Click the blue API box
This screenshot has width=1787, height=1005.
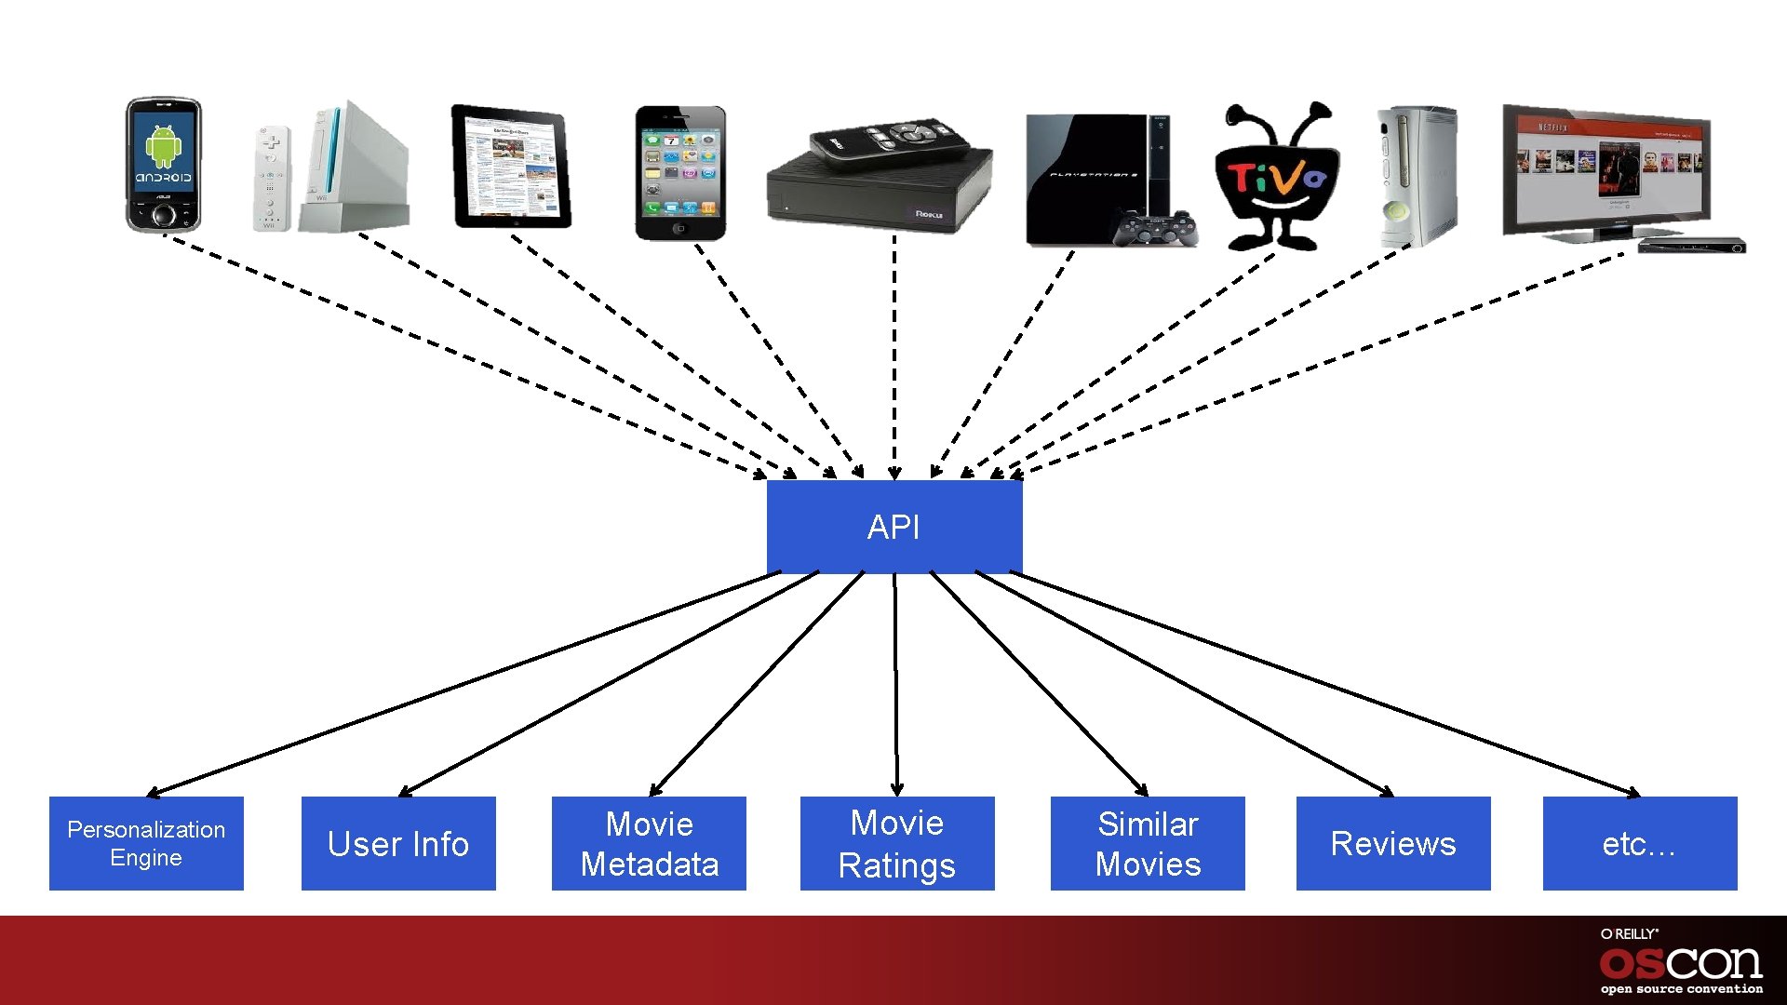(893, 527)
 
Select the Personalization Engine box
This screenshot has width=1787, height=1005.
(146, 843)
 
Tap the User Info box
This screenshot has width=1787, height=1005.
(398, 843)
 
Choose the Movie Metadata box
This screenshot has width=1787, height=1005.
(649, 843)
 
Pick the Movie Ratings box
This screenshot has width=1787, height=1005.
(897, 843)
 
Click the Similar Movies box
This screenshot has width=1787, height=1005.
(1148, 843)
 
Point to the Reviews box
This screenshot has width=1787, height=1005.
(1393, 843)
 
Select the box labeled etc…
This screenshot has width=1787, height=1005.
(1640, 843)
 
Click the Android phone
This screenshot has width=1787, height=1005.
(163, 165)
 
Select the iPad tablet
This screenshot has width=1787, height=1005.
(511, 167)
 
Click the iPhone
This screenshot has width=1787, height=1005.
(679, 172)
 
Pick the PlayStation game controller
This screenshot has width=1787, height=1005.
(1157, 228)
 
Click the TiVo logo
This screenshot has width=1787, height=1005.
(1277, 177)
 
